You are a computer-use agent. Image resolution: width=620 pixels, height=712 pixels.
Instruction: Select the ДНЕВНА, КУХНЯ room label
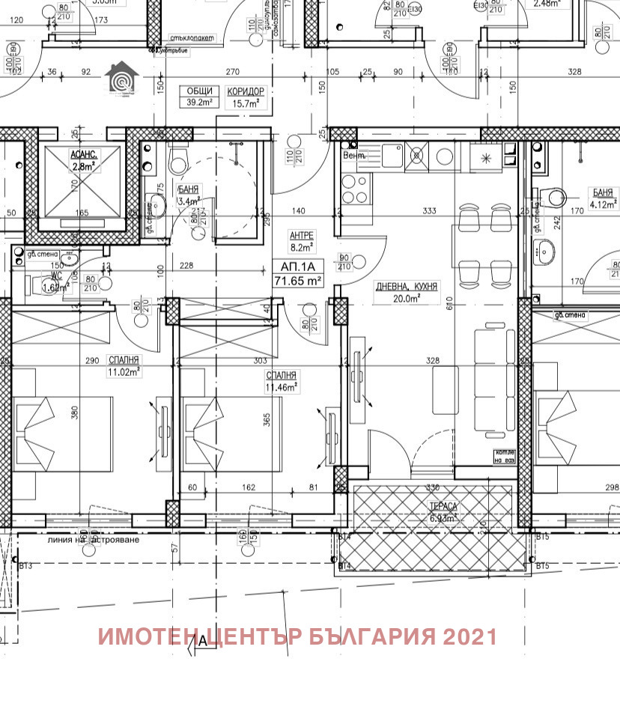[x=407, y=286]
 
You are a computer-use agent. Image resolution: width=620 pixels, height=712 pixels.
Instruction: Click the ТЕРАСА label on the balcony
[x=443, y=506]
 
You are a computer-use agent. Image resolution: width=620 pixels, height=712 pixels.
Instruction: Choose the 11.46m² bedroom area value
[x=282, y=387]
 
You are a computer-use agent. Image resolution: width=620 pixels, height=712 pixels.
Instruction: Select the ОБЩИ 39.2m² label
[x=199, y=97]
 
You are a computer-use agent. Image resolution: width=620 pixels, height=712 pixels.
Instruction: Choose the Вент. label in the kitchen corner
[x=353, y=156]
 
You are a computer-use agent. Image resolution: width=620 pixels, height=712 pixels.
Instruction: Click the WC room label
[x=49, y=276]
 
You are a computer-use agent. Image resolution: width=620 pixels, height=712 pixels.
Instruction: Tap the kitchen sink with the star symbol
[x=486, y=157]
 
